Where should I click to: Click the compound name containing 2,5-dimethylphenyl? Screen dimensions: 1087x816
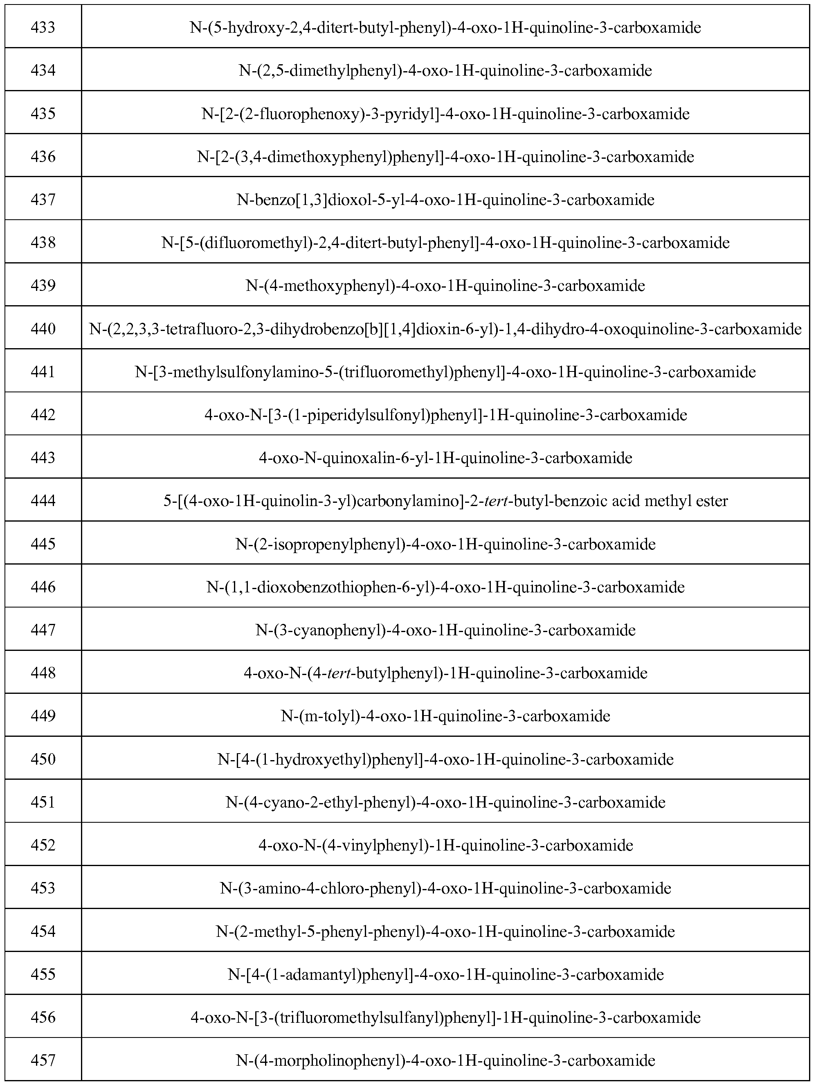pos(445,71)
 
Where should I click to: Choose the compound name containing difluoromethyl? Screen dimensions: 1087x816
pos(445,243)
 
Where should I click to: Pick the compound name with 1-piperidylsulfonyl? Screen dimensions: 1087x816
pos(445,415)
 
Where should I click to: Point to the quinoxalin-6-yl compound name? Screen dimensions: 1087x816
pos(445,458)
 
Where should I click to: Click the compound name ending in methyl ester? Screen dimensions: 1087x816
pos(445,501)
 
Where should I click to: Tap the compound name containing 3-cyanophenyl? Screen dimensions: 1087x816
pos(445,630)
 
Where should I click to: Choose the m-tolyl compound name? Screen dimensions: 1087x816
pos(445,716)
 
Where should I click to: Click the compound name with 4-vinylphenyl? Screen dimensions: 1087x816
pos(445,845)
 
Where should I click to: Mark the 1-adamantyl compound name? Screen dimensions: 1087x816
pos(445,974)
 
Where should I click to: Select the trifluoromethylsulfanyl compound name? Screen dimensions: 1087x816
pos(445,1017)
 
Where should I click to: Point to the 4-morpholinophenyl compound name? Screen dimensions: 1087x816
pos(445,1060)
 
